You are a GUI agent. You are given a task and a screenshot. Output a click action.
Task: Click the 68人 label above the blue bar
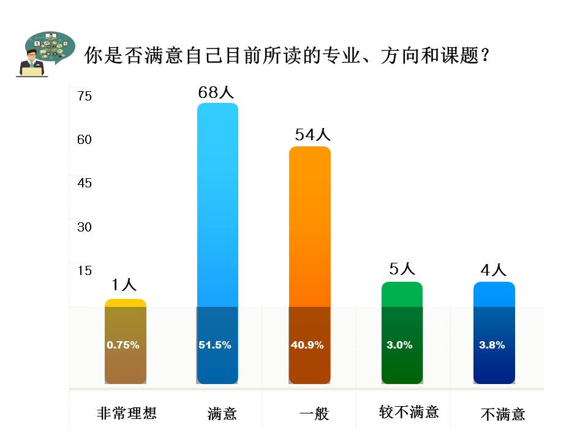(216, 92)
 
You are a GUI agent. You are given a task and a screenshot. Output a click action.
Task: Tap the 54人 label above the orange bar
(312, 135)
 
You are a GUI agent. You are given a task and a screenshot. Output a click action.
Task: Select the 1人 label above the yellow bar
(124, 284)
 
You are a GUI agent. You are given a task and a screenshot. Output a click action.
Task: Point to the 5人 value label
(402, 269)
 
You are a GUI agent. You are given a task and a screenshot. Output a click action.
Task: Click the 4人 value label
(493, 270)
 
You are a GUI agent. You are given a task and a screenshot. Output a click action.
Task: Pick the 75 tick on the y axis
(84, 96)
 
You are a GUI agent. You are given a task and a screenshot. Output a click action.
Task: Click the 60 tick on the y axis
(84, 140)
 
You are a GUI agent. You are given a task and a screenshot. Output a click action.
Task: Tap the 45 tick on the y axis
(84, 183)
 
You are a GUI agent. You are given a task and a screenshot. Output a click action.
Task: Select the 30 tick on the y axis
(84, 227)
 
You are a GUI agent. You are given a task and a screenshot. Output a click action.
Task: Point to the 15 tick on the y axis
(84, 270)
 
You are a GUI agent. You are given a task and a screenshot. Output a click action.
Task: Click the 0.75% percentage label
(123, 345)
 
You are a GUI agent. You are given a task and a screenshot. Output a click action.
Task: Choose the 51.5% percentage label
(215, 345)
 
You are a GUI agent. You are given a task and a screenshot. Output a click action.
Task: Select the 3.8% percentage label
(492, 345)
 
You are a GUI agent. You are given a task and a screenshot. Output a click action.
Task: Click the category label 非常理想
(127, 413)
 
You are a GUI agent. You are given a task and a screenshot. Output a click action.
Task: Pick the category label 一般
(314, 414)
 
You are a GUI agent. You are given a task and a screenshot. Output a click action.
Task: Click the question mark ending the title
(485, 55)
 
